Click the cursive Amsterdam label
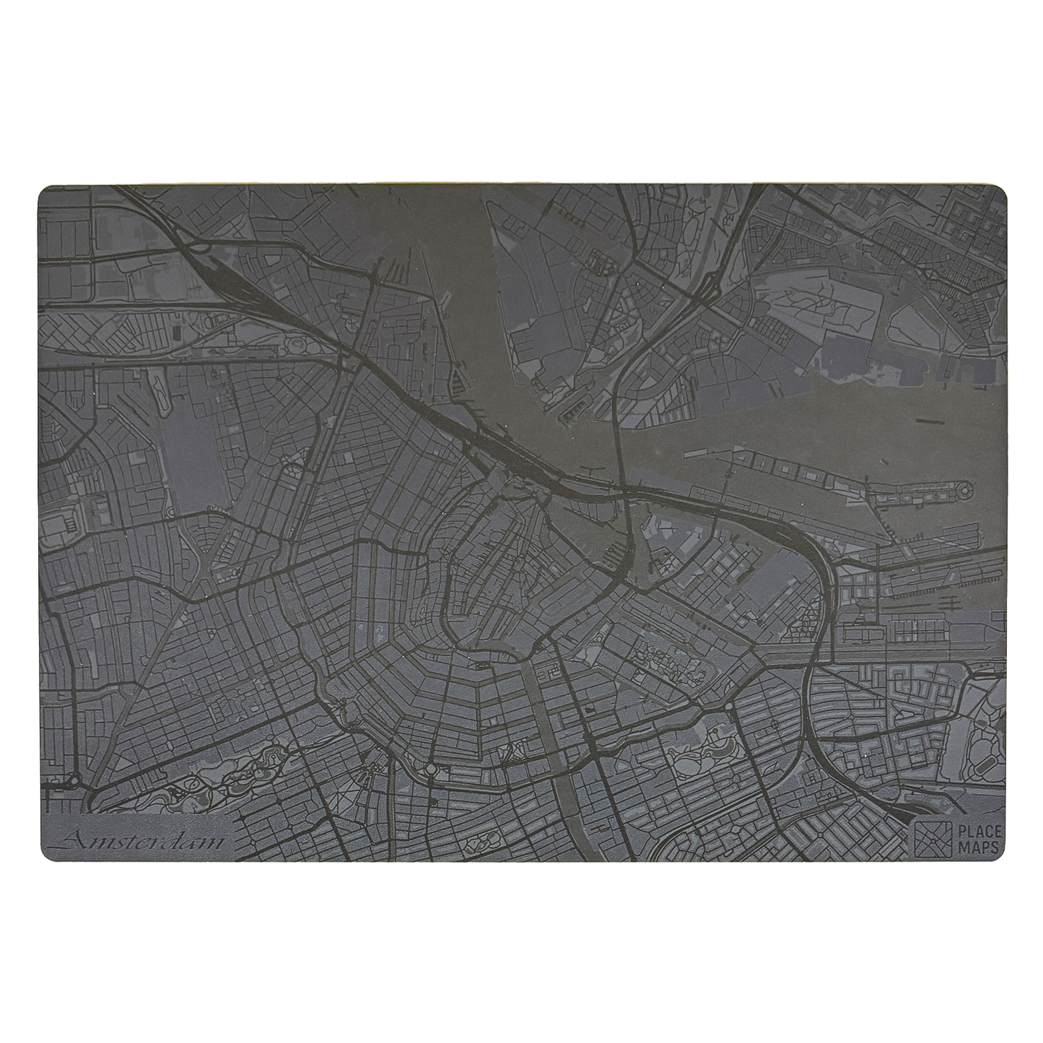pyautogui.click(x=141, y=840)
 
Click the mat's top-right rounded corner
pyautogui.click(x=1000, y=191)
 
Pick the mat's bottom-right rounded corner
pyautogui.click(x=1000, y=856)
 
